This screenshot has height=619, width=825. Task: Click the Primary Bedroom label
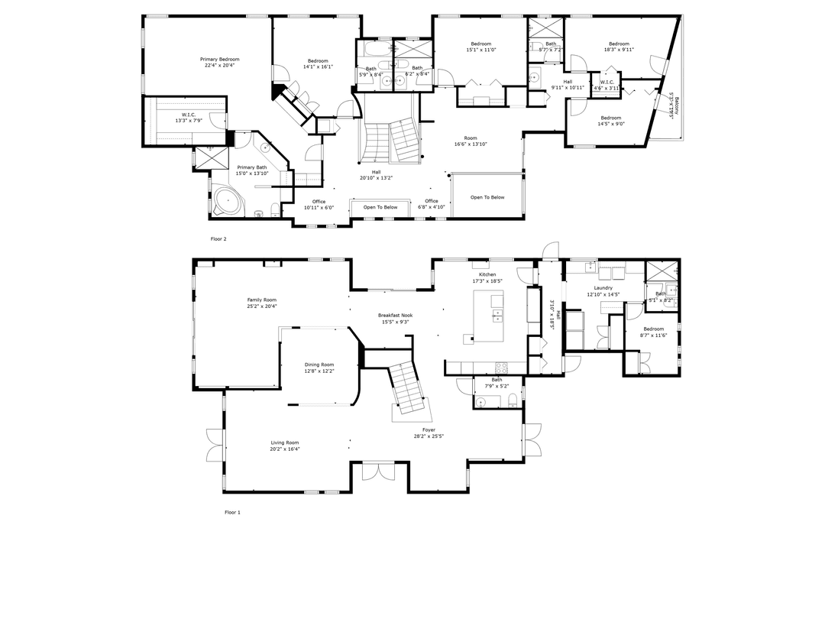click(220, 60)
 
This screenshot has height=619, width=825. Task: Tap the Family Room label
click(261, 300)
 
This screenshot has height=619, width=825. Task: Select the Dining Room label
click(319, 365)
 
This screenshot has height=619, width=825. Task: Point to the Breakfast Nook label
click(393, 315)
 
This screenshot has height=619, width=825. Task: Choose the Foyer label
click(429, 430)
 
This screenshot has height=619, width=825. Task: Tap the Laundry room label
click(603, 288)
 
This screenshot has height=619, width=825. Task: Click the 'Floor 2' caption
click(218, 238)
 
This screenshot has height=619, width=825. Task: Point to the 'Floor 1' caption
click(232, 512)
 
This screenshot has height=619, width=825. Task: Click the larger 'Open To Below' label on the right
click(487, 197)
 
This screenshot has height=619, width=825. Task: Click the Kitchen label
click(487, 274)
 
